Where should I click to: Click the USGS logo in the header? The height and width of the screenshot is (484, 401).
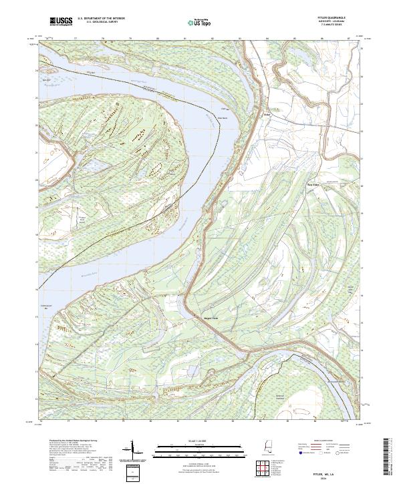coord(60,21)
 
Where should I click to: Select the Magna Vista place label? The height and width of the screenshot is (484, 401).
coord(193,317)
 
